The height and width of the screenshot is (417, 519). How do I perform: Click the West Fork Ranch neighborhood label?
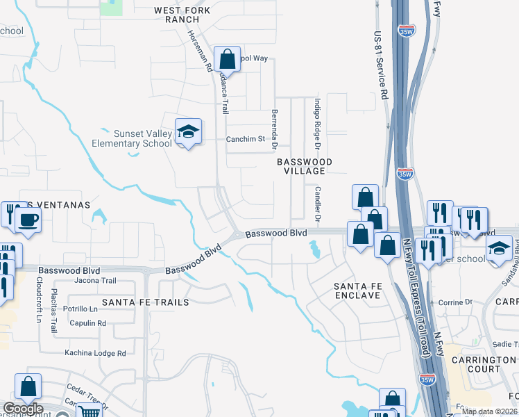(x=181, y=15)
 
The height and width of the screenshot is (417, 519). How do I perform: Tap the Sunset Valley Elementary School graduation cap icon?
(x=187, y=131)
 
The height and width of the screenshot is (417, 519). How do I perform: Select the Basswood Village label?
(x=305, y=166)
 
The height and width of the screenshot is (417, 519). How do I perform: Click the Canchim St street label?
(x=246, y=139)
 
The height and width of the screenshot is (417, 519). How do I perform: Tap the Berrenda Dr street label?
(x=275, y=129)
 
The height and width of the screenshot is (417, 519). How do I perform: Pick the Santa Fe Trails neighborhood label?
(x=145, y=302)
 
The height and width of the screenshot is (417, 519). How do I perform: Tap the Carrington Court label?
(x=484, y=364)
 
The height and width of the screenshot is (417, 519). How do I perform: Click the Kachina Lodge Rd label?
(x=95, y=353)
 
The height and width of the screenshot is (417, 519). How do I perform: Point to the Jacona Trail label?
(x=95, y=281)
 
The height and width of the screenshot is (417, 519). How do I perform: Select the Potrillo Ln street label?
(x=80, y=308)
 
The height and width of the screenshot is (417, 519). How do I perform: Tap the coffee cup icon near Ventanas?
(x=28, y=220)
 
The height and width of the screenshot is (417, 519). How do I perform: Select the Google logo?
(x=22, y=409)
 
